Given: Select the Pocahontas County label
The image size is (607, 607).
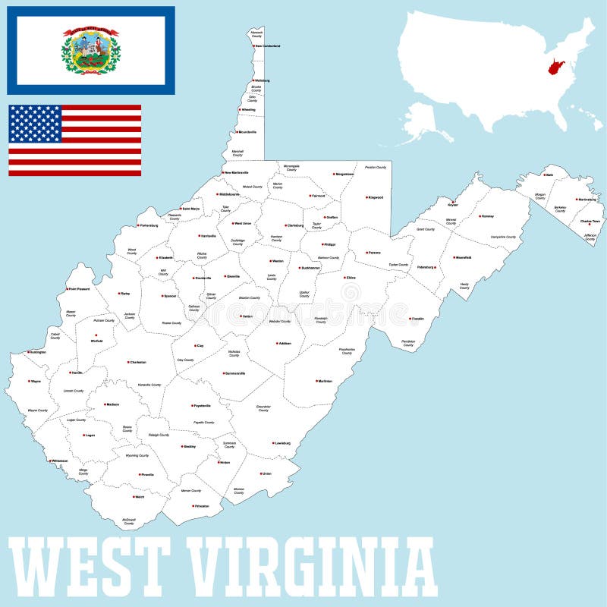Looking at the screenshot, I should [x=347, y=351].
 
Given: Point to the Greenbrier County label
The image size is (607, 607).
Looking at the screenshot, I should [x=263, y=409].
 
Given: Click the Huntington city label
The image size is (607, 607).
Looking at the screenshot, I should [x=37, y=352].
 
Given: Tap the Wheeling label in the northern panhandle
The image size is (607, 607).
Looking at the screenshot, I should [x=248, y=110].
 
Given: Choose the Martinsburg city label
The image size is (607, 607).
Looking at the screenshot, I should [x=586, y=200].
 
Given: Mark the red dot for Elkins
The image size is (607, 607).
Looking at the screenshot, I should [x=345, y=278].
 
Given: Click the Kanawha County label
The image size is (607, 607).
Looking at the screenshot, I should [x=149, y=385].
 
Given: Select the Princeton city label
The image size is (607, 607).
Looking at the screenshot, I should [x=201, y=506].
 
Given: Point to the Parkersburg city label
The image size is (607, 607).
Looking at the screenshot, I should [x=149, y=225].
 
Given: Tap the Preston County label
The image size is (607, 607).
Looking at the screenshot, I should [x=376, y=167].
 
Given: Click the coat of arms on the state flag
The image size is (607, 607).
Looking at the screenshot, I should [x=91, y=51].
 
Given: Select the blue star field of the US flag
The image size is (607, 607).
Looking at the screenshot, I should [x=35, y=124].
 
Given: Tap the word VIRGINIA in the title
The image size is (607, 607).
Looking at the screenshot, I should [x=311, y=568].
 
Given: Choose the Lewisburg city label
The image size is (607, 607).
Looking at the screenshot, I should [x=282, y=443].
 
